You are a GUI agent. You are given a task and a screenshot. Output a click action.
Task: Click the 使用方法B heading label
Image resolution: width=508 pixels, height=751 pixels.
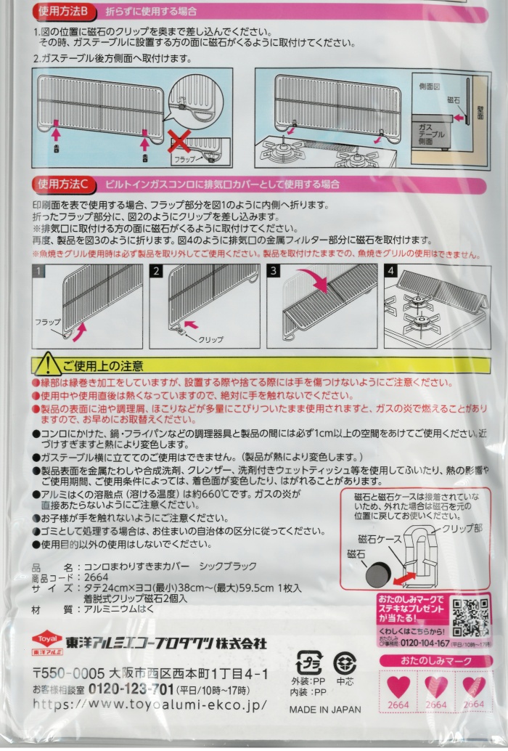coord(63,11)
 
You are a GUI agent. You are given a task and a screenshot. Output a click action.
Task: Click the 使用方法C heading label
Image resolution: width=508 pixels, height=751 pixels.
coord(63,184)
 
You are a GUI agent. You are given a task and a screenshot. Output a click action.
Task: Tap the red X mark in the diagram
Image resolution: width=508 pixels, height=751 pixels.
coord(179,142)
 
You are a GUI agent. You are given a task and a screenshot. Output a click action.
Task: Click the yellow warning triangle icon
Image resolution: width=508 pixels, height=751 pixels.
coord(47,364)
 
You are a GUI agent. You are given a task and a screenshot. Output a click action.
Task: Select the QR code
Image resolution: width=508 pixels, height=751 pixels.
coord(470,617)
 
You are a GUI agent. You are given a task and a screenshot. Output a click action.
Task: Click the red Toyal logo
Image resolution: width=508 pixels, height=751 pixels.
coord(47,640)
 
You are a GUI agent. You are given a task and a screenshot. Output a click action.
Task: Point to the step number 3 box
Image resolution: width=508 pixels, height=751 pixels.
coord(274,271)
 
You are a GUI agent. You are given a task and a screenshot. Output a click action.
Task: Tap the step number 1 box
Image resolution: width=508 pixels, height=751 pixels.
coord(38,271)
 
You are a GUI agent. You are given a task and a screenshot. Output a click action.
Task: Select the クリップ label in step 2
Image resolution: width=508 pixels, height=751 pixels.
coord(210,339)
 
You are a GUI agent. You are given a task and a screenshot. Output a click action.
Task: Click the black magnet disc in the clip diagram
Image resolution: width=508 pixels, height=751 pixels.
coord(379,575)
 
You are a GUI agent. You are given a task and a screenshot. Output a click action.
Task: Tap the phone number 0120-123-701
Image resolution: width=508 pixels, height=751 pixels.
coord(131,690)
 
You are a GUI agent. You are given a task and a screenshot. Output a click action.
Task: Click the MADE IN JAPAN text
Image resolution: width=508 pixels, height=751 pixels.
coord(325,710)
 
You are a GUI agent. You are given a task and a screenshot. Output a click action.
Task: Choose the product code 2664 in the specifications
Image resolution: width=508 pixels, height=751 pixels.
coord(96,577)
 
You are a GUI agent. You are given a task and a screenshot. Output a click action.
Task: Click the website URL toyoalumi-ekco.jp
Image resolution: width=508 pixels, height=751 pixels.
coord(149,705)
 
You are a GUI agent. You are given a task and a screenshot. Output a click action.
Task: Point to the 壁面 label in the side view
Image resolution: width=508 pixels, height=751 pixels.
coord(480,113)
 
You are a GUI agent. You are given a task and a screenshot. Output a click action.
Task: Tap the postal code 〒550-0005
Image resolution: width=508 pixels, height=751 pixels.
coord(68,673)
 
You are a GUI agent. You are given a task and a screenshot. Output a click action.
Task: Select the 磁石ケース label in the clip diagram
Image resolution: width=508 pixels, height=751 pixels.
coord(380,539)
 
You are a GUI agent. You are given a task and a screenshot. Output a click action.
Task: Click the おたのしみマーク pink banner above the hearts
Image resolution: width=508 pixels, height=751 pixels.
coord(435,661)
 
